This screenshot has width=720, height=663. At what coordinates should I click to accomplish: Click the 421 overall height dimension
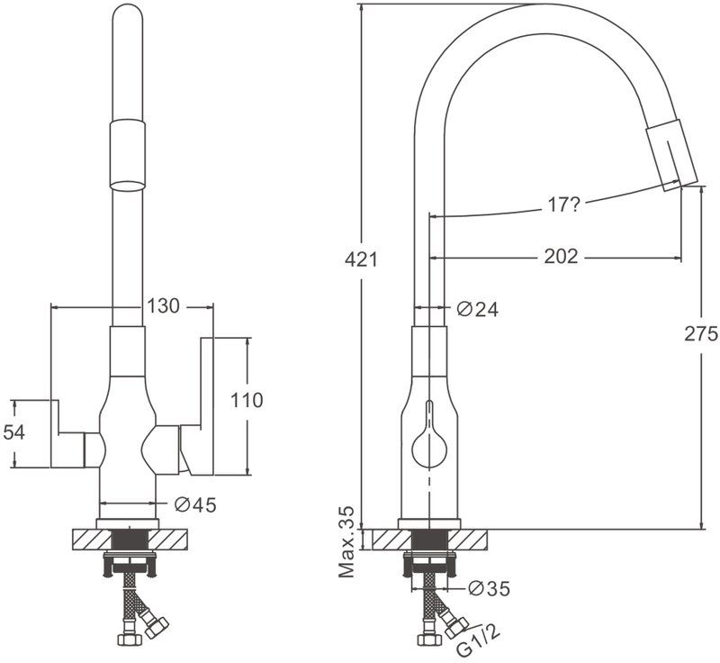(361, 260)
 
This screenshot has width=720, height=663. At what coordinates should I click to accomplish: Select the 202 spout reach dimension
(561, 257)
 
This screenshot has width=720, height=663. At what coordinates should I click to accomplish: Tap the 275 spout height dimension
(701, 334)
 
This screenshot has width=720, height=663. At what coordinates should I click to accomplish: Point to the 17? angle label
(564, 204)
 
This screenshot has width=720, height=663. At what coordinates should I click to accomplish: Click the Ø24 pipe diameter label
(478, 309)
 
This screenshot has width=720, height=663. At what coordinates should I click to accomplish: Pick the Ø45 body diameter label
(195, 505)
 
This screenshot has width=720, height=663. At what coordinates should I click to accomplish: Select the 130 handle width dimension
(163, 305)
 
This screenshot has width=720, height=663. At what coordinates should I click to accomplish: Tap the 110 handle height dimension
(247, 400)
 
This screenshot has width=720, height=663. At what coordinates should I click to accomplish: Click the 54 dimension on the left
(14, 432)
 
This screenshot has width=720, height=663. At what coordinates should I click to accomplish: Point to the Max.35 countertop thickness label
(347, 542)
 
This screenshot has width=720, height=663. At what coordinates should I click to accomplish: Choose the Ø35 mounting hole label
(490, 588)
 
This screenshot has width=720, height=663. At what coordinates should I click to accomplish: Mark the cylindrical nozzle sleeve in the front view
(128, 155)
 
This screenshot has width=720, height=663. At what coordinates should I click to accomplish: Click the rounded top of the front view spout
(128, 14)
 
